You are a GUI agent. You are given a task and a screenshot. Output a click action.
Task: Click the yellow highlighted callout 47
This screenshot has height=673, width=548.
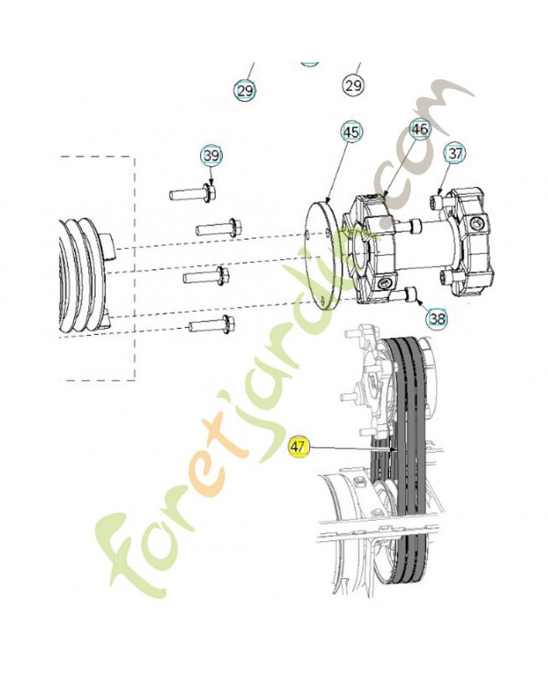(x=299, y=447)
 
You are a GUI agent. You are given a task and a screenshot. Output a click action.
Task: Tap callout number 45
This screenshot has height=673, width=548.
(x=351, y=132)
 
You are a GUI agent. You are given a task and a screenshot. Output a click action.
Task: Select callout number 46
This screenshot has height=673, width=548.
(x=419, y=129)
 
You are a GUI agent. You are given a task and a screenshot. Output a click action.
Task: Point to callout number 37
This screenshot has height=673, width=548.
(x=455, y=153)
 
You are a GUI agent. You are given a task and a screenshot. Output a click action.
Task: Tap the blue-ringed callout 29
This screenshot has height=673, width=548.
(x=245, y=91)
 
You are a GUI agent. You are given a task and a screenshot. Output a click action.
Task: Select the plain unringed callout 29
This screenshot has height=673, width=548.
(x=353, y=86)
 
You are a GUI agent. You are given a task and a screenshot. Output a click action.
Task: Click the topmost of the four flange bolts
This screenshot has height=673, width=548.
(x=192, y=193)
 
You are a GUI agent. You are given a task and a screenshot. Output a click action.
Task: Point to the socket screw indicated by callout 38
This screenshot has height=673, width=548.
(x=407, y=295)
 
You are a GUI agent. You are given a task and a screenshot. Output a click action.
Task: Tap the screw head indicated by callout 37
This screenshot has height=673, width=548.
(x=436, y=199)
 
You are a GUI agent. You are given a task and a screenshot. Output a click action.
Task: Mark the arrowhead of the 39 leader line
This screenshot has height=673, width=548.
(x=212, y=183)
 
